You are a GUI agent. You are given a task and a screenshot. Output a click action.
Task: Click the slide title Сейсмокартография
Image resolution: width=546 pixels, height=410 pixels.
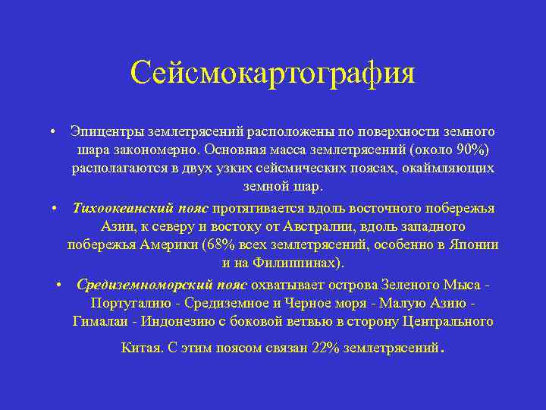pos(273,74)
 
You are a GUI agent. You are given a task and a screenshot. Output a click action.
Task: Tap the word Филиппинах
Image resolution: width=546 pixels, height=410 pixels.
pos(298,263)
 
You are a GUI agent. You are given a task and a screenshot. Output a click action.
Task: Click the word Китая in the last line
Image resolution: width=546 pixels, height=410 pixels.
pos(142,349)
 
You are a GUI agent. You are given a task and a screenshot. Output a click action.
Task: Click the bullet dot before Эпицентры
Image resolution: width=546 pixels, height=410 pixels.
pos(55,132)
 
